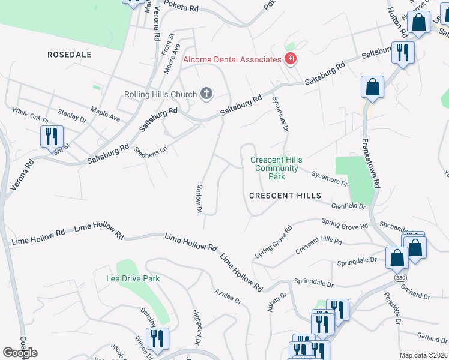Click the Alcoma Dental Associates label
(232, 59)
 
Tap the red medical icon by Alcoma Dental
(291, 59)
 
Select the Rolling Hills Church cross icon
(206, 94)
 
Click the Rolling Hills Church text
(160, 94)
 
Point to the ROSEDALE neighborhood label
(70, 55)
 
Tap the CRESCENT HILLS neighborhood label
(286, 196)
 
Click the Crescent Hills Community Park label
(276, 168)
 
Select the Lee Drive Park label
(133, 278)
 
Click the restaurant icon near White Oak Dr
(52, 136)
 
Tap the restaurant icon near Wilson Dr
(157, 338)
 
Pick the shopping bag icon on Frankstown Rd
(373, 87)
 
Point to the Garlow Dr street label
(198, 199)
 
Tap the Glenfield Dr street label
(348, 206)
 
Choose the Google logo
(20, 353)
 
